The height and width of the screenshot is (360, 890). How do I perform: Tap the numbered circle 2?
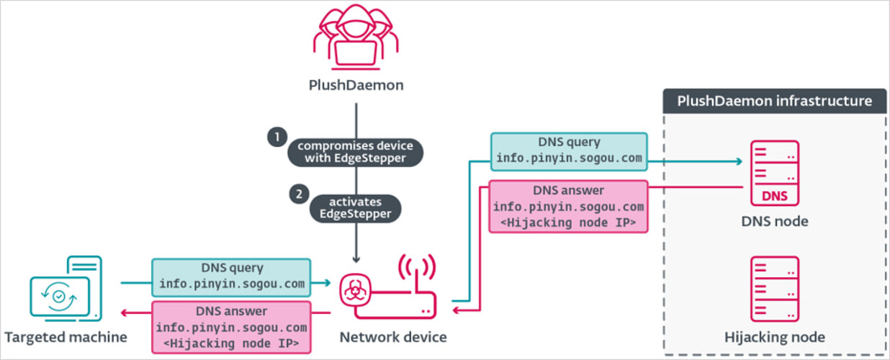pos(295,194)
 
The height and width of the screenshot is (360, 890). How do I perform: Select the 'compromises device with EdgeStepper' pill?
pos(356,152)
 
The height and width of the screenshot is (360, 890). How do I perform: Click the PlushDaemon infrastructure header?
pos(775,101)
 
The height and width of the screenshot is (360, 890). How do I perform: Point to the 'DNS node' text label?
pos(775,222)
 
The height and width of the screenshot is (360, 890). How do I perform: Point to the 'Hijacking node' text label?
pos(775,337)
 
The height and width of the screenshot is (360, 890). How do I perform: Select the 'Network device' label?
pos(393,337)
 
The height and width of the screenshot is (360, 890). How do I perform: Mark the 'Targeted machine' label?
pos(66,337)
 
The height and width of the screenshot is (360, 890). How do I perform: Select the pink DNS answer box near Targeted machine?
pos(231,327)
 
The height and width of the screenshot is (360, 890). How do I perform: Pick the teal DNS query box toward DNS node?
pos(569,151)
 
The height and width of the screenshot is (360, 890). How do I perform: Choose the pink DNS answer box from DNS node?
pos(569,207)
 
